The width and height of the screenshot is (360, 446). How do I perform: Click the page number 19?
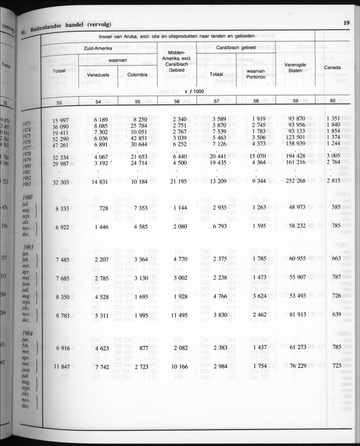click(x=346, y=23)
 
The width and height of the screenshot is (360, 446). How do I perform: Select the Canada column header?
click(x=332, y=68)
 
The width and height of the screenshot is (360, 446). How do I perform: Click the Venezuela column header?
click(x=98, y=75)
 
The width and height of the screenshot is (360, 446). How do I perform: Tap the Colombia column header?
click(x=137, y=75)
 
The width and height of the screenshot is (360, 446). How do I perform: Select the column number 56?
click(x=177, y=102)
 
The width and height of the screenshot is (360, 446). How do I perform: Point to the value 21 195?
click(x=178, y=182)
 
